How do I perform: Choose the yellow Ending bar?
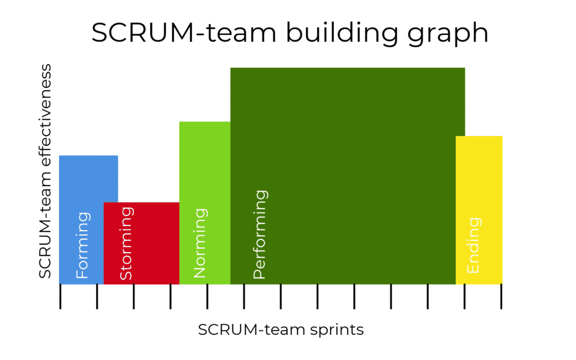pyautogui.click(x=479, y=186)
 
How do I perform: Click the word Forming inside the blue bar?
pyautogui.click(x=82, y=245)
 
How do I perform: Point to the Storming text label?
pyautogui.click(x=127, y=243)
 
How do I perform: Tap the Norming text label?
pyautogui.click(x=200, y=243)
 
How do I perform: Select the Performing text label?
pyautogui.click(x=259, y=235)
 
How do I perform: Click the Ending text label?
pyautogui.click(x=474, y=245)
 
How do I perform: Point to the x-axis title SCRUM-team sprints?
pyautogui.click(x=281, y=330)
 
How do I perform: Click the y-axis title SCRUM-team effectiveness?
pyautogui.click(x=46, y=171)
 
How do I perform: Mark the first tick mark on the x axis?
pyautogui.click(x=60, y=296)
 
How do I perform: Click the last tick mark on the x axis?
pyautogui.click(x=501, y=296)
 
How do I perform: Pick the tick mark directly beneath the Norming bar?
pyautogui.click(x=207, y=296)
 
